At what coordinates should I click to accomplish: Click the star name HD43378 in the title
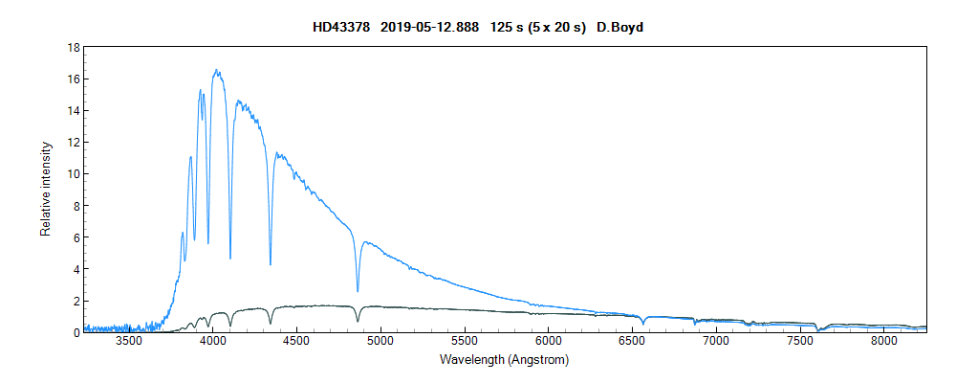(x=341, y=27)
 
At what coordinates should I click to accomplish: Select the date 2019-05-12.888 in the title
(x=429, y=27)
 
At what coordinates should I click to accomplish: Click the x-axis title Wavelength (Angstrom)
(x=505, y=360)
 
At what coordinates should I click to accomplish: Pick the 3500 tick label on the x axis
(x=129, y=341)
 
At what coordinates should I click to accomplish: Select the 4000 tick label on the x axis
(x=213, y=341)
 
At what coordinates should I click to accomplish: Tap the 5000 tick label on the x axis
(x=380, y=341)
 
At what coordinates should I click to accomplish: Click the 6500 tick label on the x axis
(x=632, y=341)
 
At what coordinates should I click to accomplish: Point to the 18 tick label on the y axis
(x=73, y=47)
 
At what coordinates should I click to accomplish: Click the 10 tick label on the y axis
(x=73, y=173)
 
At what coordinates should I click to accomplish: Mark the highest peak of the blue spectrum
(x=217, y=70)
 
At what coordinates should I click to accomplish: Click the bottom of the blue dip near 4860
(x=358, y=291)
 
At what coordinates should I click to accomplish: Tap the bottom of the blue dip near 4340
(x=271, y=264)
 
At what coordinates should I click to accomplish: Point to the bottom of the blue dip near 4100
(x=230, y=259)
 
